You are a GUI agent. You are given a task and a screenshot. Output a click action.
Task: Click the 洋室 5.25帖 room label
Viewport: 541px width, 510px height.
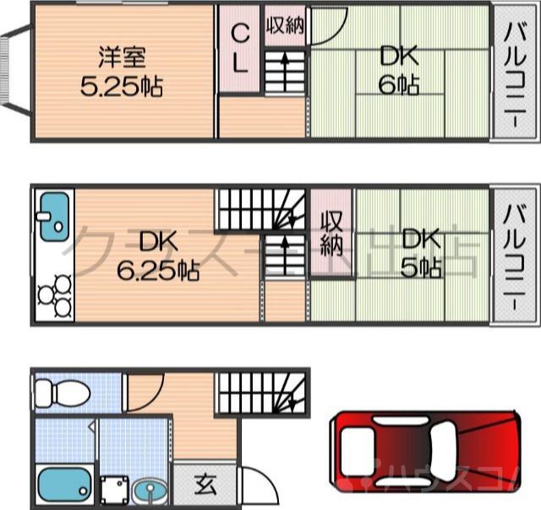pyautogui.click(x=122, y=71)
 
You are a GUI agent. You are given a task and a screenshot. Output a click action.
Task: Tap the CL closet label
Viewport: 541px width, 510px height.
pyautogui.click(x=240, y=48)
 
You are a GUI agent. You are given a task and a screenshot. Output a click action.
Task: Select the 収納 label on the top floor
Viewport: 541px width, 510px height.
pyautogui.click(x=284, y=26)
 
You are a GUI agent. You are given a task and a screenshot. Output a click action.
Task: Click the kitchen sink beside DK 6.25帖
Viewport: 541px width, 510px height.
pyautogui.click(x=53, y=214)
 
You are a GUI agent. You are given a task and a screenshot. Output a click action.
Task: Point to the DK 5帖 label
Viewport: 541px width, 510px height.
pyautogui.click(x=420, y=254)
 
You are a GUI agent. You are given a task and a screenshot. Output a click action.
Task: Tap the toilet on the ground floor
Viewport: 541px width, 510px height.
pyautogui.click(x=62, y=392)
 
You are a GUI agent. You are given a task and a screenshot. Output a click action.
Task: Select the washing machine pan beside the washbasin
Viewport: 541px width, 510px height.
pyautogui.click(x=112, y=490)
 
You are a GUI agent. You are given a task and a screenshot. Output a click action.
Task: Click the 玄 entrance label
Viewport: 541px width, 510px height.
pyautogui.click(x=205, y=485)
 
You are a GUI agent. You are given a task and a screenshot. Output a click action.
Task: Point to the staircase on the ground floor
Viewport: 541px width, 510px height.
pyautogui.click(x=261, y=393)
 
